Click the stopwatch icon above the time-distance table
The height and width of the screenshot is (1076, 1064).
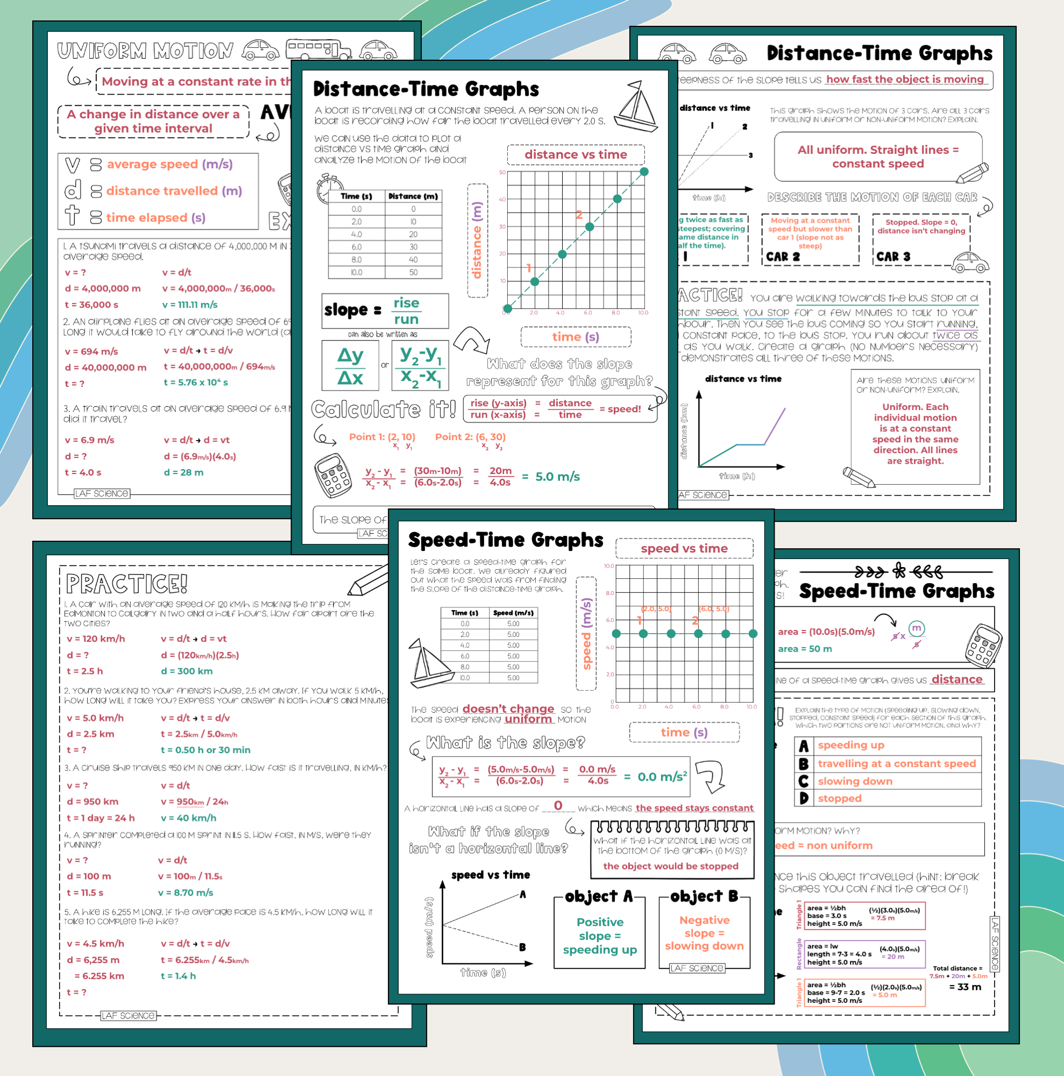[x=330, y=188]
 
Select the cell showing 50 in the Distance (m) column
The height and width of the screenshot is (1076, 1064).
[x=413, y=272]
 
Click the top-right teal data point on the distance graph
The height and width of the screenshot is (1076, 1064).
[x=644, y=172]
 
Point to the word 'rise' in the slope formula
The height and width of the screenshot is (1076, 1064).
[x=406, y=303]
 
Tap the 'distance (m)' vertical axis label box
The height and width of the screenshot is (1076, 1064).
[x=477, y=240]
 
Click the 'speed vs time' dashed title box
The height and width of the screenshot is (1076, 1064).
[x=684, y=549]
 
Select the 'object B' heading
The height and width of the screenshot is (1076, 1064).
[x=704, y=896]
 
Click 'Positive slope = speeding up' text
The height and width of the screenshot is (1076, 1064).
[x=600, y=936]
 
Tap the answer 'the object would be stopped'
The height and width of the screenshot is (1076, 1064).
[x=670, y=866]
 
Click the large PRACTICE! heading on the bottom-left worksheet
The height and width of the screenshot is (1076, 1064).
[x=126, y=584]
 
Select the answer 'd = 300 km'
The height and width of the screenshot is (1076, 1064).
[x=187, y=671]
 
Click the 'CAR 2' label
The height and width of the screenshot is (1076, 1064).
[x=782, y=257]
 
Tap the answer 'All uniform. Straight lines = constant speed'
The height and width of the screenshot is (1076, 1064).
[x=877, y=157]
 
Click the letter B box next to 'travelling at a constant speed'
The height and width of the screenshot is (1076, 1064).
[x=803, y=763]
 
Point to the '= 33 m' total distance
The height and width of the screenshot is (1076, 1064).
[x=964, y=987]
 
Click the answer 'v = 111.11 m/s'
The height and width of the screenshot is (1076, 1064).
[x=189, y=305]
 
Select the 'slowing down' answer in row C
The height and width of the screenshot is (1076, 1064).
[x=855, y=781]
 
